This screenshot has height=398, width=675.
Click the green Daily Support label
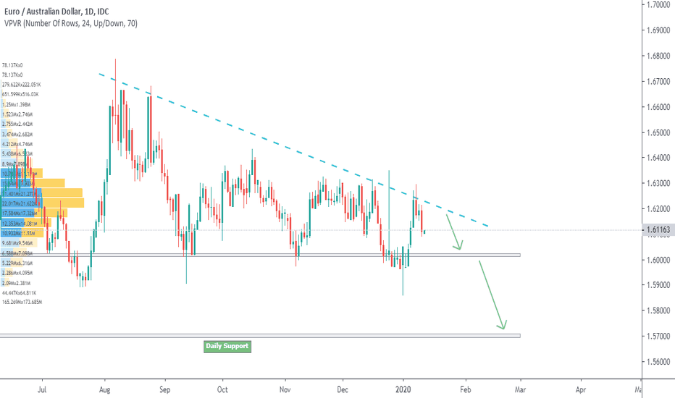pyautogui.click(x=227, y=346)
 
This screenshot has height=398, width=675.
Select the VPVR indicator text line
pyautogui.click(x=70, y=23)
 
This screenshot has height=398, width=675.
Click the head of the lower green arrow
pyautogui.click(x=502, y=327)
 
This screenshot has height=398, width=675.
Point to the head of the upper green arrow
pyautogui.click(x=458, y=248)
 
